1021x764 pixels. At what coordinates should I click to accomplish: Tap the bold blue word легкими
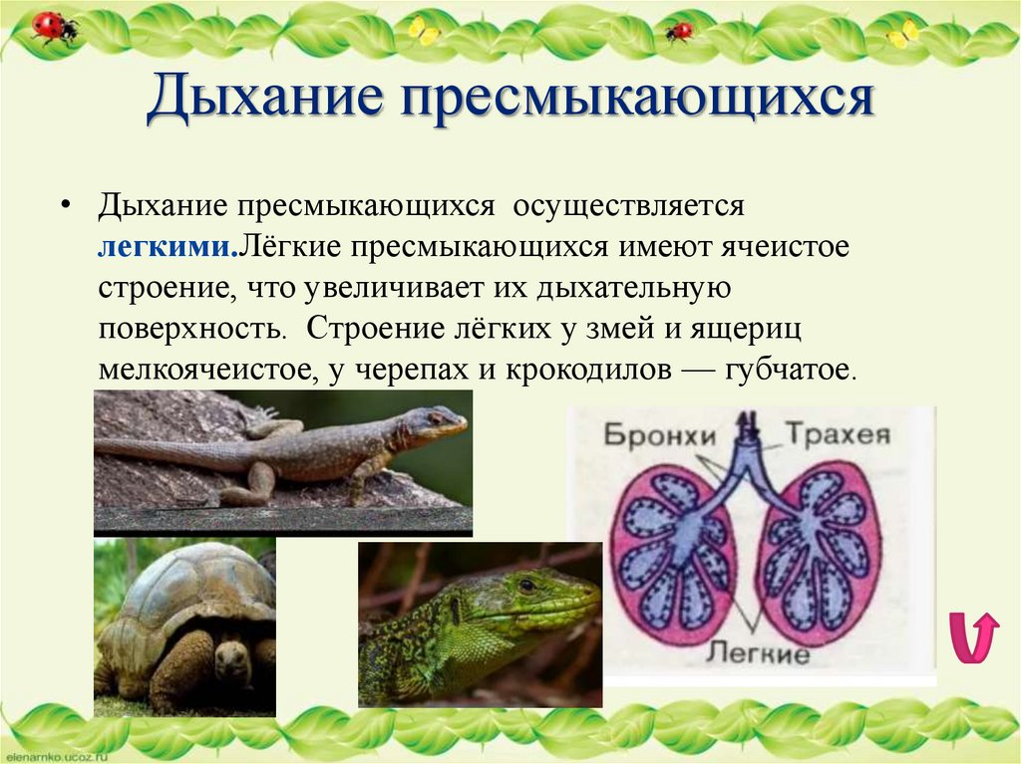[166, 246]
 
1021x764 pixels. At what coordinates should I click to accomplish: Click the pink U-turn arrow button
[972, 638]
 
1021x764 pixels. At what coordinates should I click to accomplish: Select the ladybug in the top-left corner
[53, 26]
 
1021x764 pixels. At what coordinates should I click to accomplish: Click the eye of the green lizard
[525, 585]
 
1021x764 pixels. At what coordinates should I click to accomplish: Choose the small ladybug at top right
[679, 31]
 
